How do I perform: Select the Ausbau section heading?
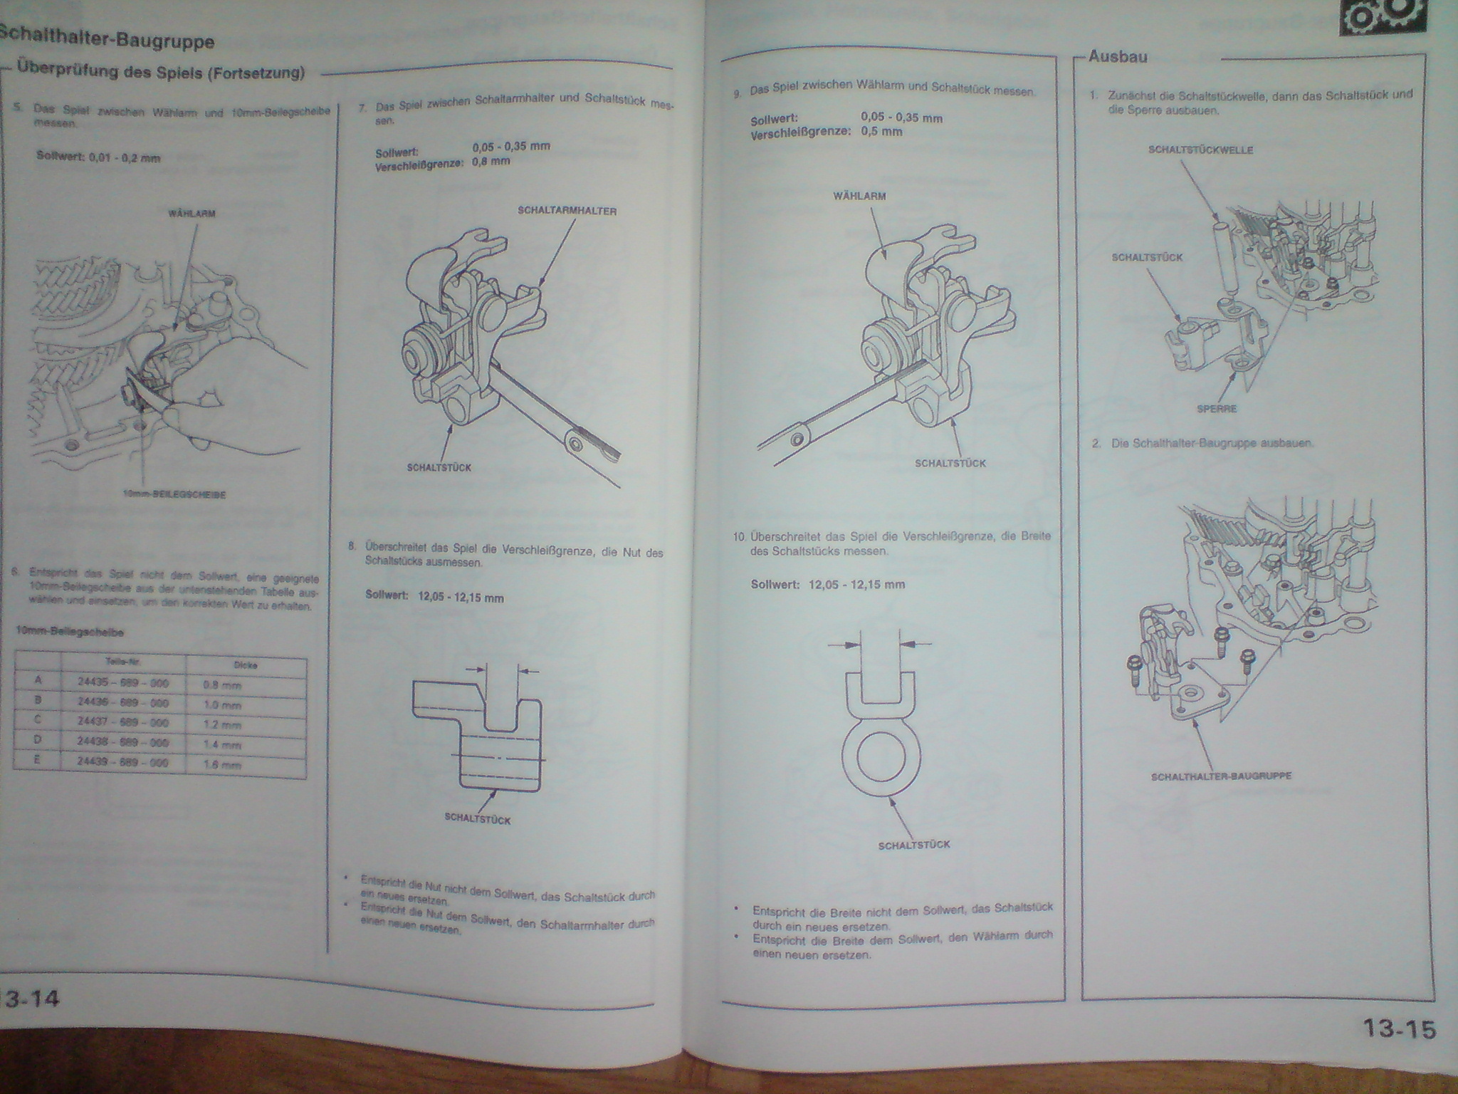(x=1118, y=57)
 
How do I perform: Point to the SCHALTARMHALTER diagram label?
(x=567, y=211)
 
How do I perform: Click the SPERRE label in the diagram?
(x=1217, y=409)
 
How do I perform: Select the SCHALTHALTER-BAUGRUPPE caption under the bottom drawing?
(x=1220, y=776)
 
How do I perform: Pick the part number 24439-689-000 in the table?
(x=123, y=761)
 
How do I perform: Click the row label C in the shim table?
(x=38, y=719)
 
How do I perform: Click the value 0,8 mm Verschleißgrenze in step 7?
(x=491, y=162)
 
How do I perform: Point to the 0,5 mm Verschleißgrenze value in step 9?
(x=881, y=132)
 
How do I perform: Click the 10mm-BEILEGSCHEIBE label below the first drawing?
(x=174, y=494)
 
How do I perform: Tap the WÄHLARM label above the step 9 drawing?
(x=859, y=196)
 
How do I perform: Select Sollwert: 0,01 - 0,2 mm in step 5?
(x=98, y=157)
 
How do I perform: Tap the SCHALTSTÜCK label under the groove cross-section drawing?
(x=477, y=819)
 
